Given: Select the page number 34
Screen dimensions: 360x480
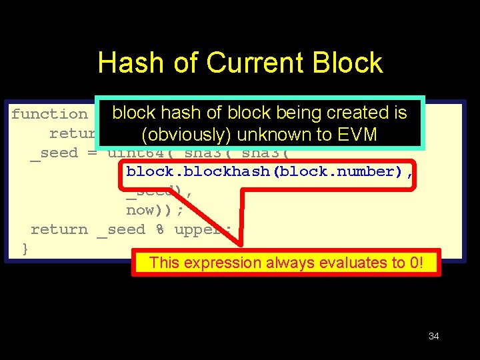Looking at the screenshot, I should [x=433, y=336].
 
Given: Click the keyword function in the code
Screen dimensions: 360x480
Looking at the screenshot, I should [x=49, y=114].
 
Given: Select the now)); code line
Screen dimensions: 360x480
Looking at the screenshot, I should [x=155, y=210].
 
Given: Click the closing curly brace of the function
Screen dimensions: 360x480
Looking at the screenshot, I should [x=25, y=249].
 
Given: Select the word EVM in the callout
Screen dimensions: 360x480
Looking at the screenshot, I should [x=356, y=135].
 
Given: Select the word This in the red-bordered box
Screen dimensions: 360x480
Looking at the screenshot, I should [x=164, y=263].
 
